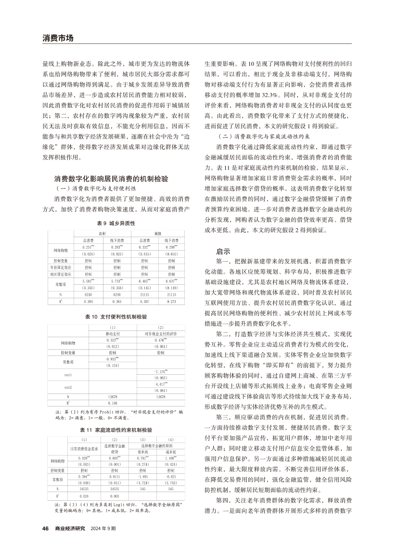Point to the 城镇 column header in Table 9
point(157,233)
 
